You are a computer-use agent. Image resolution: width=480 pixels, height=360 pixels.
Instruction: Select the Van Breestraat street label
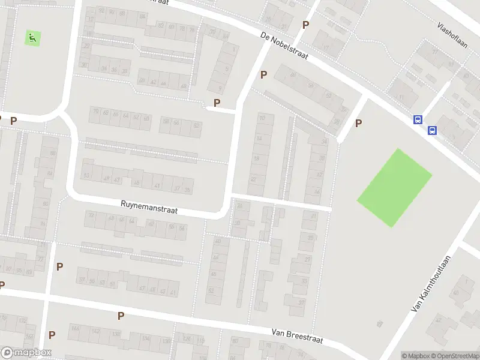(x=297, y=336)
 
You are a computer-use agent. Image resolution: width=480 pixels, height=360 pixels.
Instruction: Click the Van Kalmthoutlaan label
(x=431, y=281)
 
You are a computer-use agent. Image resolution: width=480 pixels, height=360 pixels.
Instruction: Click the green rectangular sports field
(x=394, y=187)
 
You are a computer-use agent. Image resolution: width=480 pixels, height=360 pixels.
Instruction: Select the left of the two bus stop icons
(x=418, y=119)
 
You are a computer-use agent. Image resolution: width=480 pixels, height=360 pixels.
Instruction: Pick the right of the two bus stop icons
(x=431, y=130)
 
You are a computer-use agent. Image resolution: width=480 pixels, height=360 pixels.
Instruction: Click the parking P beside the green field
(x=359, y=124)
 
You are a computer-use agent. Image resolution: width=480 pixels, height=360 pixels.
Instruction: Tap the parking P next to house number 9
(x=217, y=103)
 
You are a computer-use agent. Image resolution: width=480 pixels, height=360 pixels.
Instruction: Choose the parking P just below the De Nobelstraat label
(x=263, y=75)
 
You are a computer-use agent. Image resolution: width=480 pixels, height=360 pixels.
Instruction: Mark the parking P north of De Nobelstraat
(x=306, y=25)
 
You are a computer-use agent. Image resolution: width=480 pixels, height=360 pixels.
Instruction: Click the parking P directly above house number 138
(x=121, y=316)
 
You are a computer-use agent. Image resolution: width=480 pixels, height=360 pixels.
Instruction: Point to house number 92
(x=101, y=11)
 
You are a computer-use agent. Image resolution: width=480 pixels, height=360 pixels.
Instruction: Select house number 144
(x=75, y=328)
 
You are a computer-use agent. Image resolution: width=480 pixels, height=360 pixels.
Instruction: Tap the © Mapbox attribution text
(x=416, y=356)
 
